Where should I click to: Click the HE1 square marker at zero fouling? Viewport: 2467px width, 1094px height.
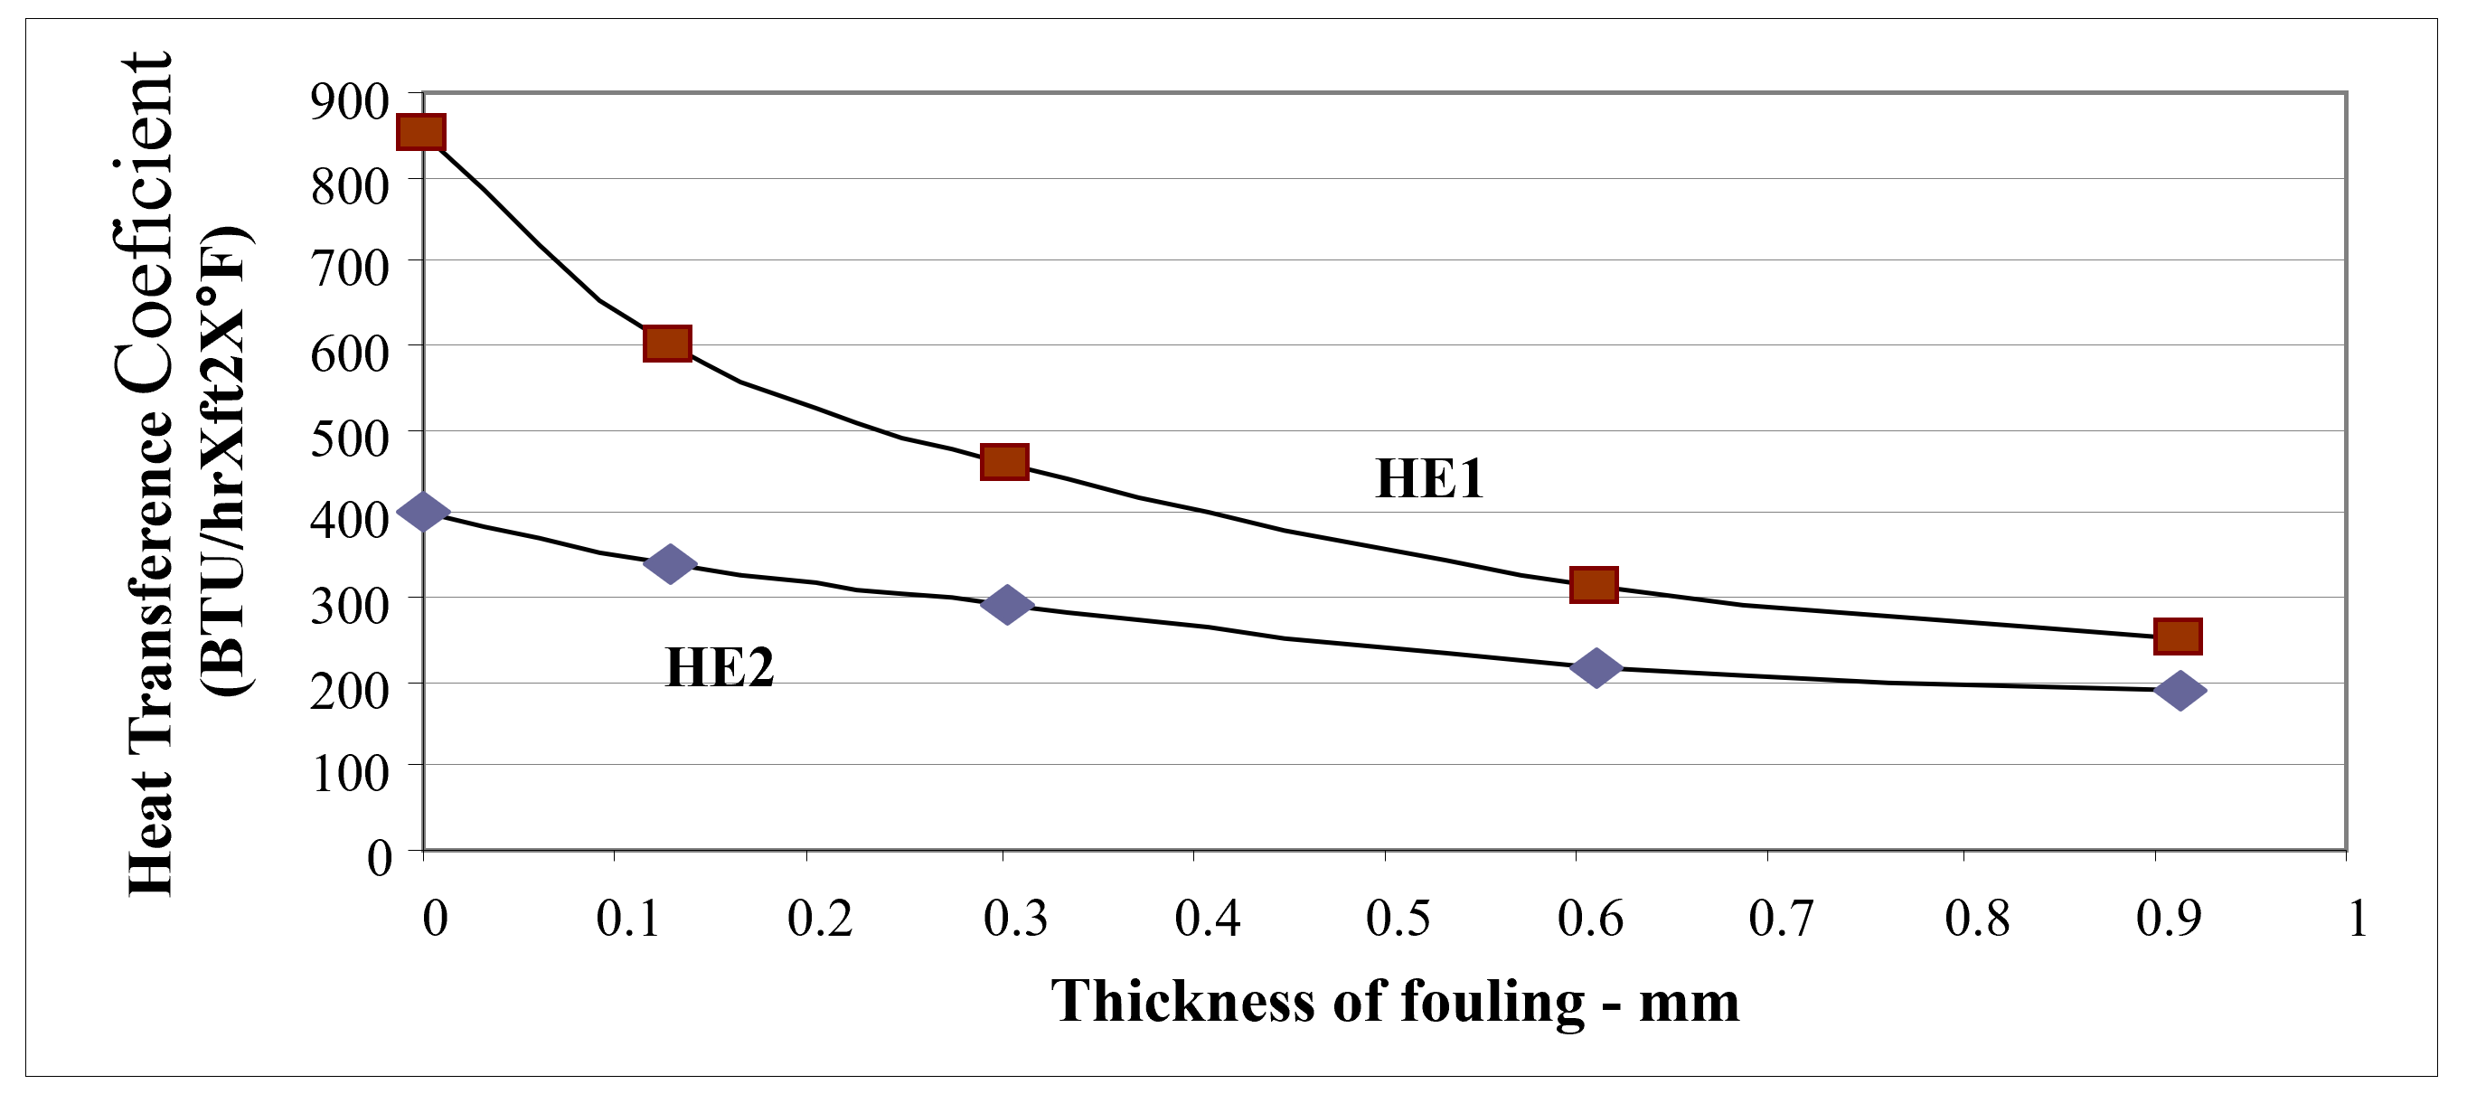tap(420, 132)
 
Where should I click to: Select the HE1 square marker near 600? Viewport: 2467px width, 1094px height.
tap(667, 343)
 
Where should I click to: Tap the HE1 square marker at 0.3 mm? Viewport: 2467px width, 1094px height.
tap(1004, 462)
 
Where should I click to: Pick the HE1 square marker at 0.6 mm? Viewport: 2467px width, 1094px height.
tap(1594, 583)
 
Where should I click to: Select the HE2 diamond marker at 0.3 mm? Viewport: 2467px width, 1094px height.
tap(1006, 605)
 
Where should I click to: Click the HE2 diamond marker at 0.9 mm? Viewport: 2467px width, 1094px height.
tap(2180, 690)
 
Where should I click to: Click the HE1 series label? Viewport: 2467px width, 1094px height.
tap(1429, 479)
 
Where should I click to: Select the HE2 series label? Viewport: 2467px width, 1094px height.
tap(720, 668)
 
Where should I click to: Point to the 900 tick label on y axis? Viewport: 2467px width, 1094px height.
tap(350, 101)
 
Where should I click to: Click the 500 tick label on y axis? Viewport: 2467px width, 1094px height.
tap(350, 439)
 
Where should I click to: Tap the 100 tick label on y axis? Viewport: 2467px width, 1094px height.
tap(350, 772)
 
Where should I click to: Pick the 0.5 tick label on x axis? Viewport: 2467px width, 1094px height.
tap(1398, 918)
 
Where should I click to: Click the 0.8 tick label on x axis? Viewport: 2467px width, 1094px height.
tap(1977, 918)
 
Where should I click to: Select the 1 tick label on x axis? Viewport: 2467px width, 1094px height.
tap(2357, 918)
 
